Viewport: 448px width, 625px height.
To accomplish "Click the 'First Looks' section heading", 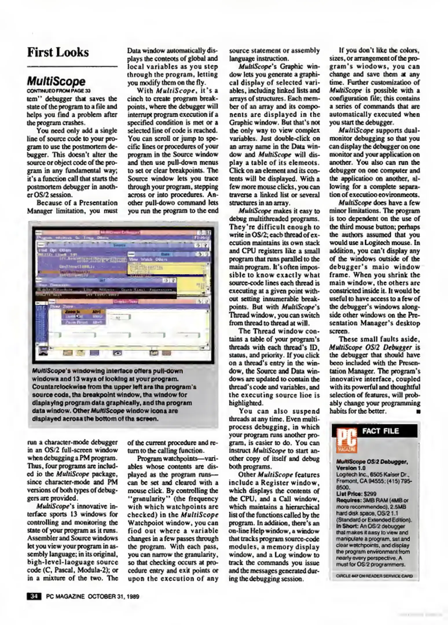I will point(58,52).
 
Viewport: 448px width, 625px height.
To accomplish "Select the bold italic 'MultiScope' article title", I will point(56,82).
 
